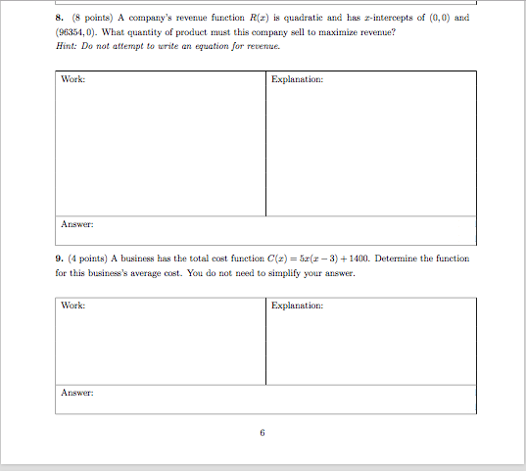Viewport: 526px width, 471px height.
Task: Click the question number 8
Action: point(59,19)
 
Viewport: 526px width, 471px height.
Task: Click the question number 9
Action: point(59,259)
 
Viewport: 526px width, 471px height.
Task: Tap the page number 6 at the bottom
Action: point(263,432)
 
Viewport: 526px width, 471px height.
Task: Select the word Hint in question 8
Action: point(66,46)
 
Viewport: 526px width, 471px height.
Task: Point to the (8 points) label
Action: point(90,19)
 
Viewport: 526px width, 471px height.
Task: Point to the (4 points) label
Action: point(90,259)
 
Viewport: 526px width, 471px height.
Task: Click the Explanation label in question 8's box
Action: point(297,79)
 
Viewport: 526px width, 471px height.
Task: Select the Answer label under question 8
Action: point(76,224)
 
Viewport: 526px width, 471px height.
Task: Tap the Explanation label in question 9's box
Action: point(297,306)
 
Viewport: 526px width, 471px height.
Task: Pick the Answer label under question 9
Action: point(76,394)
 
